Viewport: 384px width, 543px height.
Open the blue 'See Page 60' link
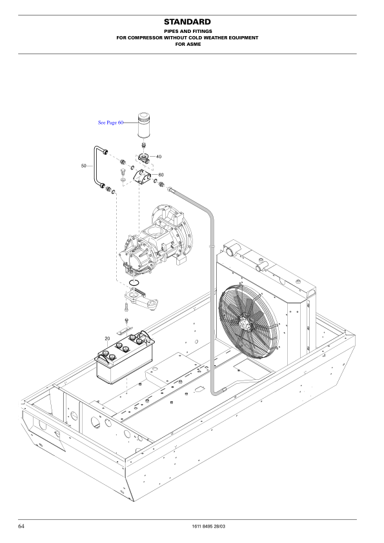(x=110, y=122)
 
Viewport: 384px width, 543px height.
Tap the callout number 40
(x=159, y=157)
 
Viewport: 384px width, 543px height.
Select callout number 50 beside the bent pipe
(x=84, y=166)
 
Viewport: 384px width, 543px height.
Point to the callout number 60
(x=161, y=175)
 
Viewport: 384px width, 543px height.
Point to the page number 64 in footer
(x=21, y=527)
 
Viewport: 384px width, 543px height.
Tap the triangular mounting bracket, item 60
(x=143, y=177)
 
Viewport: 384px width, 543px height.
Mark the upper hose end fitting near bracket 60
(x=171, y=189)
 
